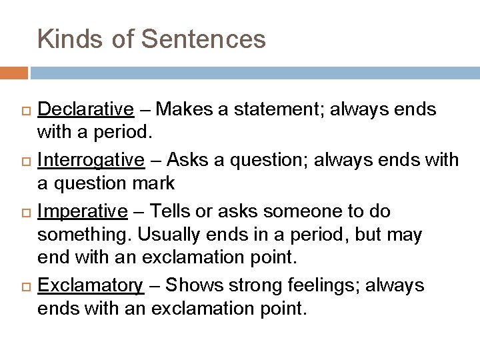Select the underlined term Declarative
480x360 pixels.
click(x=85, y=109)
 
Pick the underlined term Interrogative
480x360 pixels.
click(x=91, y=160)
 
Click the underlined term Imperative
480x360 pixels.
click(x=82, y=211)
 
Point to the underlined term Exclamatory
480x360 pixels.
click(x=90, y=285)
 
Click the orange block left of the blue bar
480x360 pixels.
click(x=14, y=72)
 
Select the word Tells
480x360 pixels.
click(x=171, y=211)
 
